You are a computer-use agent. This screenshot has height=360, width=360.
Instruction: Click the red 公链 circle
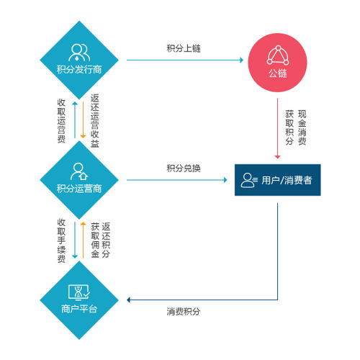tap(277, 63)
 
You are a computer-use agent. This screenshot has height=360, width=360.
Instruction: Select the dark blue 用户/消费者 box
tap(278, 180)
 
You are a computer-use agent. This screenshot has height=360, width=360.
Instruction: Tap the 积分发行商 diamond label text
tap(79, 70)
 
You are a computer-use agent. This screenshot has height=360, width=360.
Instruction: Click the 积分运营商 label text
tap(79, 189)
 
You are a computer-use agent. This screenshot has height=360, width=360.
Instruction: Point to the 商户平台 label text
tap(79, 309)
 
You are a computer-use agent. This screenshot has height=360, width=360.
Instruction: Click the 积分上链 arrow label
tap(184, 48)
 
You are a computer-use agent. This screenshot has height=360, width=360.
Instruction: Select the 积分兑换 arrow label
tap(184, 168)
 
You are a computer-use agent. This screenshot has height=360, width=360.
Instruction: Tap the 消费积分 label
tap(184, 312)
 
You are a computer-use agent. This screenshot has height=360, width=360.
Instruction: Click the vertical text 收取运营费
tap(61, 121)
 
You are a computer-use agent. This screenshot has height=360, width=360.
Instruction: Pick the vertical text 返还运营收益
tap(95, 120)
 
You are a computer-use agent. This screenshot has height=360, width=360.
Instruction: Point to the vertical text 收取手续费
tap(61, 240)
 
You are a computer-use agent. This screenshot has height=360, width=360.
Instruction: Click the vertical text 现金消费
tap(302, 127)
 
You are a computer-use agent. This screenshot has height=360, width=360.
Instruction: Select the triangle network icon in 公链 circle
tap(278, 55)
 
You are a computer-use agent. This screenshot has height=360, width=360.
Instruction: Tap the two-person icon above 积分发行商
tap(79, 53)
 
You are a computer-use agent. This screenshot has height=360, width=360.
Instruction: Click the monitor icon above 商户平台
tap(79, 292)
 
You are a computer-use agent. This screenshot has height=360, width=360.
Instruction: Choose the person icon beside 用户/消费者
tap(249, 180)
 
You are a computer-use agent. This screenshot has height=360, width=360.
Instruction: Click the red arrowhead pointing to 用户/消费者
tap(277, 157)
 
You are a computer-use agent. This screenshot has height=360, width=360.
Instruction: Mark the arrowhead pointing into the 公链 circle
tap(242, 60)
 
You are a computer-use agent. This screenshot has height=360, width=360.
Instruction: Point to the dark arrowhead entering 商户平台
tap(128, 300)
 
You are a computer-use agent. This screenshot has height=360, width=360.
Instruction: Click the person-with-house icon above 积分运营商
tap(79, 171)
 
